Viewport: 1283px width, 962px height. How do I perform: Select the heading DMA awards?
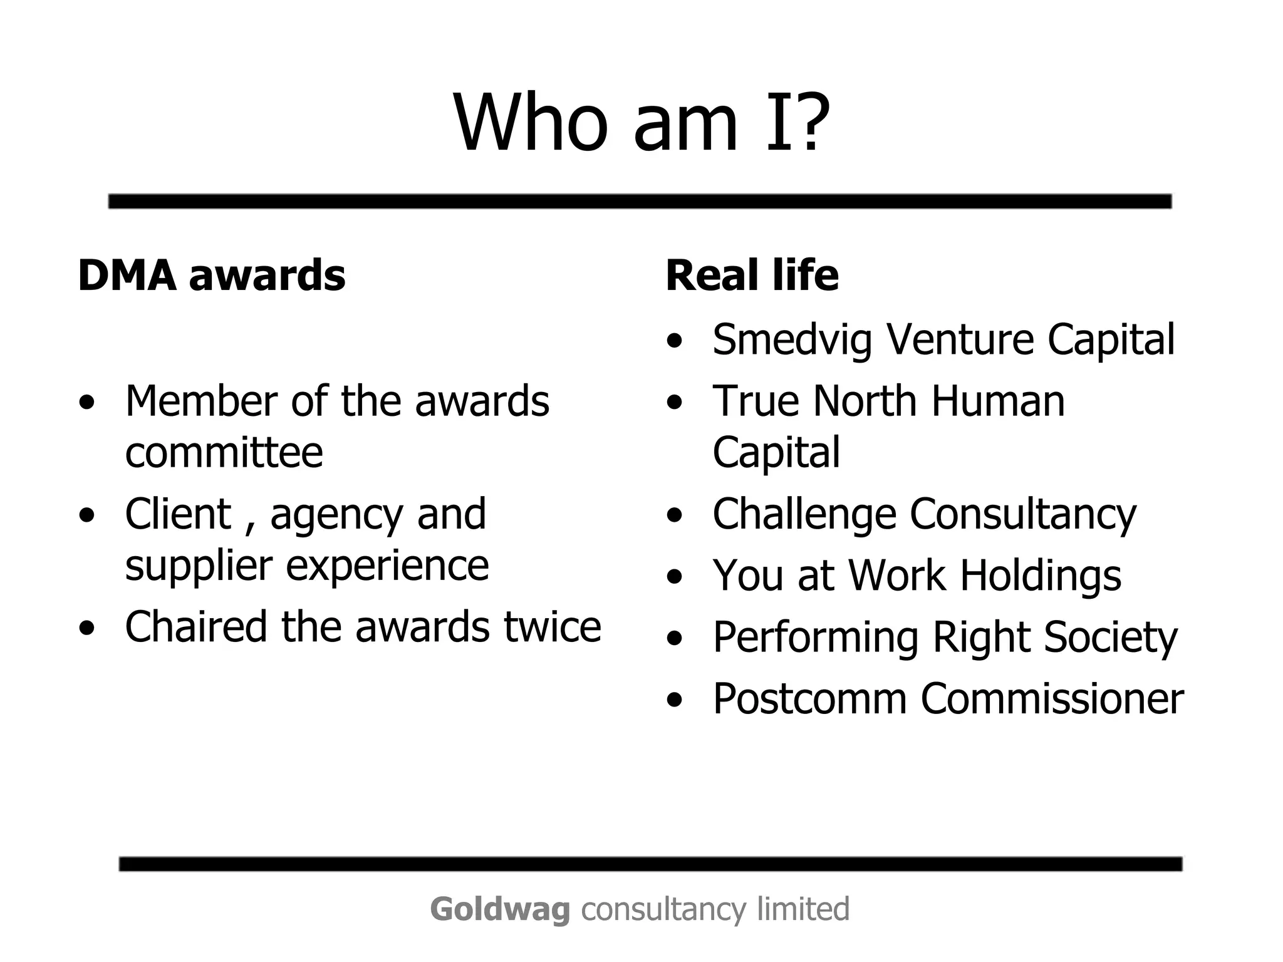[212, 276]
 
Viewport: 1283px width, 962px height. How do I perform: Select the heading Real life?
[752, 276]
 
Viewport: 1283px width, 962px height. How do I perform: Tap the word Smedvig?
[792, 340]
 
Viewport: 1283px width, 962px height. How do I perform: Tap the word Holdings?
[1041, 576]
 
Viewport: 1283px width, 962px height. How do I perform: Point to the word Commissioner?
[1052, 699]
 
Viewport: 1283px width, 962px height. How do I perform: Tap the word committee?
[224, 452]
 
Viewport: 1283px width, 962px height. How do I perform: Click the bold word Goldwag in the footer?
[500, 909]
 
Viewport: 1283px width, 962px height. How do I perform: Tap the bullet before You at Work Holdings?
[674, 577]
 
